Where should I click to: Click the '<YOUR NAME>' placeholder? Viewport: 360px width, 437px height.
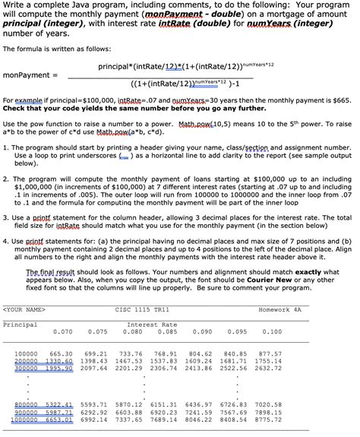pyautogui.click(x=25, y=309)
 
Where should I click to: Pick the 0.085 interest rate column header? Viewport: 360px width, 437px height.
pyautogui.click(x=164, y=331)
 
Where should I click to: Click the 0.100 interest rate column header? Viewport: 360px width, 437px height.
pyautogui.click(x=271, y=331)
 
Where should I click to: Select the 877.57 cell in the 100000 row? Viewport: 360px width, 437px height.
pyautogui.click(x=270, y=353)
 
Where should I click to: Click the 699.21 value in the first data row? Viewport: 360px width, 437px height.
pyautogui.click(x=96, y=353)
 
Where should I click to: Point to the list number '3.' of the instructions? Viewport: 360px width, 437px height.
pyautogui.click(x=6, y=217)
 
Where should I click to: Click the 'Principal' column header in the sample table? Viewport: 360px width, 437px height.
pyautogui.click(x=21, y=324)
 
